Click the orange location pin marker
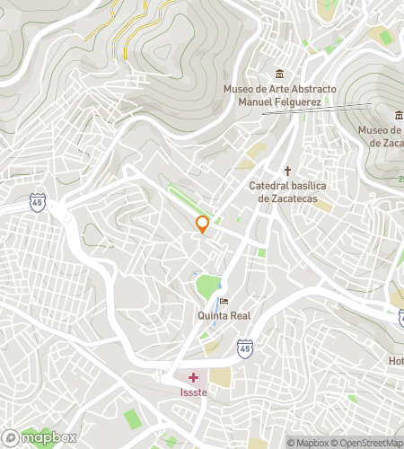203,224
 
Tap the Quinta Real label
224,315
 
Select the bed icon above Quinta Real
224,301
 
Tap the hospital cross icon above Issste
192,378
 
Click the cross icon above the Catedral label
288,171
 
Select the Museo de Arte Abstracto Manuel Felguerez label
279,95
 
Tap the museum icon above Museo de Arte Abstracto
280,74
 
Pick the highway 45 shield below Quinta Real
245,346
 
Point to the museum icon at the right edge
399,114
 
